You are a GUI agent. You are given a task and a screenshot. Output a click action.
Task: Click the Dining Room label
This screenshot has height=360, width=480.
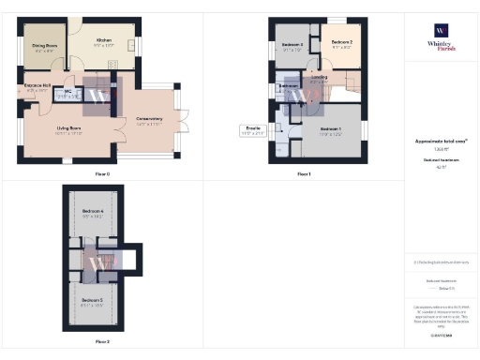(x=44, y=45)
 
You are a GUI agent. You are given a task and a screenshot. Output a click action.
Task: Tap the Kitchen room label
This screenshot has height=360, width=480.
(x=103, y=41)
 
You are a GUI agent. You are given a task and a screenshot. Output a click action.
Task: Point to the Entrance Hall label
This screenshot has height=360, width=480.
(x=37, y=86)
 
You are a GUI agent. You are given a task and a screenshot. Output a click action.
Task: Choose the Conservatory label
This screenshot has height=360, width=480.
(x=149, y=119)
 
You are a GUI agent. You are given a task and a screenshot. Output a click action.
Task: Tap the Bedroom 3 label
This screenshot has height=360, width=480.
(x=292, y=45)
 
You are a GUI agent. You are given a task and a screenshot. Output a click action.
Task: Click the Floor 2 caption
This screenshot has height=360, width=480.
(x=102, y=341)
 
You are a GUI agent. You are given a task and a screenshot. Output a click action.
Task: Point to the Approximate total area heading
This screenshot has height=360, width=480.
(x=441, y=141)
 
